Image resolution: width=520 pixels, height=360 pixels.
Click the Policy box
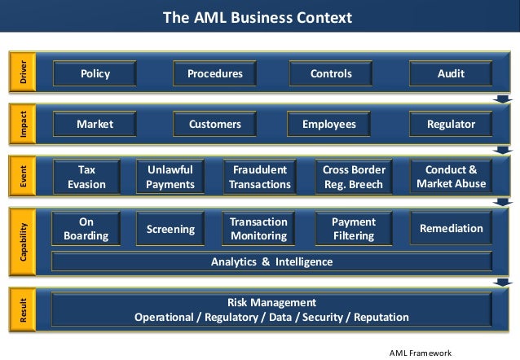pos(95,73)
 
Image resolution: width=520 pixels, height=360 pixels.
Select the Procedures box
pos(214,73)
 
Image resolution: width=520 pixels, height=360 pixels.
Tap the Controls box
pos(331,73)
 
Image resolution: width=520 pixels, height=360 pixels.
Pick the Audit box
pos(450,73)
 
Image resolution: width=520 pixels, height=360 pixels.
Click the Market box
pos(95,125)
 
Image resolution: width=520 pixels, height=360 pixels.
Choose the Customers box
pos(214,125)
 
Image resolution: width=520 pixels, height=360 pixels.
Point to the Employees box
pos(329,125)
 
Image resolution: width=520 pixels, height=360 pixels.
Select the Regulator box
pos(451,125)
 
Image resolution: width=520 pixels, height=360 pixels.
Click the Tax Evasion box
pos(86,177)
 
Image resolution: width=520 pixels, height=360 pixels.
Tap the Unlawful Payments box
pos(170,177)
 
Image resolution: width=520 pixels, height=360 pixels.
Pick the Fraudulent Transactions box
pos(260,177)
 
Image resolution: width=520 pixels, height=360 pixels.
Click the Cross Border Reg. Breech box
pos(354,177)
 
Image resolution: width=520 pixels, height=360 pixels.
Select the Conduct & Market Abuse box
pos(451,177)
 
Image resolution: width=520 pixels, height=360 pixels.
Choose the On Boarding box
pos(86,229)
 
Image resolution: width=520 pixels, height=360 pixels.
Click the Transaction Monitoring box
pos(258,229)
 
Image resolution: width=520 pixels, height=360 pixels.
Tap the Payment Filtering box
pos(353,229)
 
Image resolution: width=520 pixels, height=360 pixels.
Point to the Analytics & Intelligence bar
pos(271,261)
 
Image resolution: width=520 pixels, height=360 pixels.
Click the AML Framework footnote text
pos(421,352)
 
